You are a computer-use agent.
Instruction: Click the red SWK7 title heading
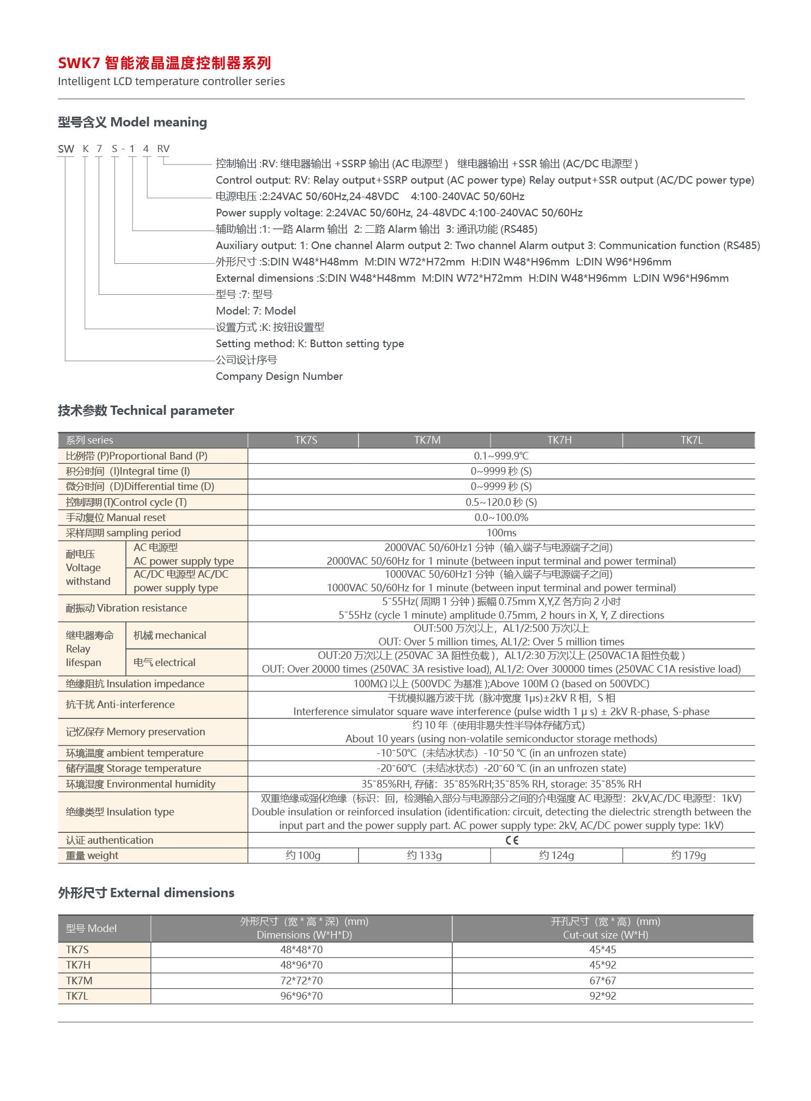(x=164, y=63)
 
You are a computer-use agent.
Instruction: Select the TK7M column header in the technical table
(x=427, y=440)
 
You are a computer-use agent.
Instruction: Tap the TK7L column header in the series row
(x=691, y=440)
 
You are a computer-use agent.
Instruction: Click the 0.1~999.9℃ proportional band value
(x=501, y=456)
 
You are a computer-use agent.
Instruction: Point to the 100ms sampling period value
(x=501, y=533)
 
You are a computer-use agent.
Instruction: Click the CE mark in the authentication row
(x=512, y=840)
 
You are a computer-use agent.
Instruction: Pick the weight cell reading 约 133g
(x=424, y=855)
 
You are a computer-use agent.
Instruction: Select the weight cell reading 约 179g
(x=688, y=855)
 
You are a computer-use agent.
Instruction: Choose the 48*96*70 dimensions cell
(x=301, y=965)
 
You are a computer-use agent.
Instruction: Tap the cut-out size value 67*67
(x=602, y=981)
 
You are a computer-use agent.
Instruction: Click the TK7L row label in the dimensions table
(x=77, y=996)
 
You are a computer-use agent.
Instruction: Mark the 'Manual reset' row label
(x=116, y=517)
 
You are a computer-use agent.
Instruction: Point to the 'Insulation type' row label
(x=120, y=812)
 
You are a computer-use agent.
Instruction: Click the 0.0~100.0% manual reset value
(x=501, y=517)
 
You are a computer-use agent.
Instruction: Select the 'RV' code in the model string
(x=163, y=149)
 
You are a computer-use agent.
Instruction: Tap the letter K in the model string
(x=86, y=149)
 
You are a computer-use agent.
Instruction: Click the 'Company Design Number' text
(x=279, y=376)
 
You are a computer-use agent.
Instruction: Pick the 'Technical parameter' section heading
(x=146, y=410)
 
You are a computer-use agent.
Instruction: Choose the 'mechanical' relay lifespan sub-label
(x=170, y=635)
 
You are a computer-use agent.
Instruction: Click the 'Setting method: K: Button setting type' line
(x=310, y=343)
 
